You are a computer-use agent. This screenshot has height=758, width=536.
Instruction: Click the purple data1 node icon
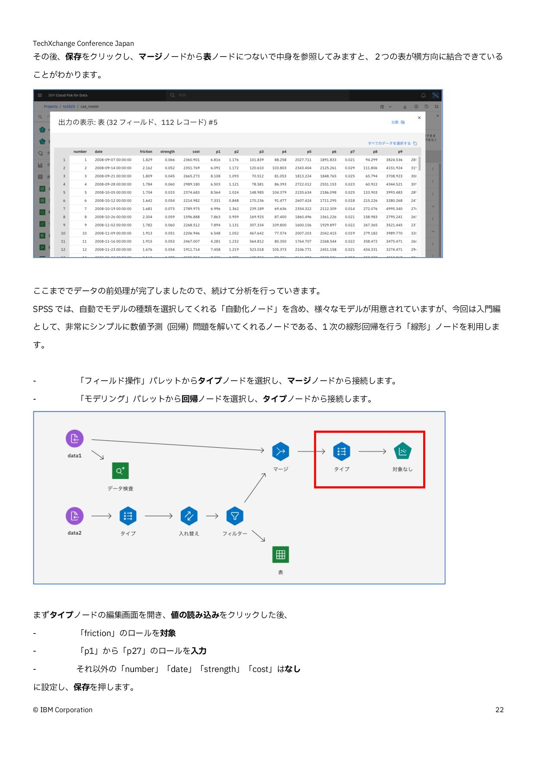tap(74, 439)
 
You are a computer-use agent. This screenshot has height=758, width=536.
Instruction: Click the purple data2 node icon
tap(74, 516)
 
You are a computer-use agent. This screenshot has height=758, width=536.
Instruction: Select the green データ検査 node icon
tap(120, 471)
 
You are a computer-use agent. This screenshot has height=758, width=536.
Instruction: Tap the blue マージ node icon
tap(281, 452)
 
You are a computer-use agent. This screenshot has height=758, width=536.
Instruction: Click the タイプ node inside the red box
tap(341, 452)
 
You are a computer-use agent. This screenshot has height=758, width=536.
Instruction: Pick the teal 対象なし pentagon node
tap(402, 452)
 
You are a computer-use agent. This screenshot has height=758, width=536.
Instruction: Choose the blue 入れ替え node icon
tap(189, 516)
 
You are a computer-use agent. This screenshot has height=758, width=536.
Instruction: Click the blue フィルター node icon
tap(235, 516)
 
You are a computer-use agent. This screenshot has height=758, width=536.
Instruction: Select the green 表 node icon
tap(281, 554)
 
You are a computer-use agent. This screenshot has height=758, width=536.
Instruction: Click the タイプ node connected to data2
tap(128, 516)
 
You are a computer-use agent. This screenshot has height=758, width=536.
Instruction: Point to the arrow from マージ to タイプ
tap(311, 452)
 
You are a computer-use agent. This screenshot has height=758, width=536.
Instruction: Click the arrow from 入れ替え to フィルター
tap(212, 516)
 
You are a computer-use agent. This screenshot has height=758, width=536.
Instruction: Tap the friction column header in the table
tap(146, 152)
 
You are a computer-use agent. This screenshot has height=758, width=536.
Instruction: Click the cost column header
tap(196, 152)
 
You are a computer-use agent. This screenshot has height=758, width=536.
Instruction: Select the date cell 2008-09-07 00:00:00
tap(113, 160)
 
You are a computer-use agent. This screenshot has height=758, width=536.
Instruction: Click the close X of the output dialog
tap(419, 118)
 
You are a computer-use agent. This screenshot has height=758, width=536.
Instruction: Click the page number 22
tap(499, 710)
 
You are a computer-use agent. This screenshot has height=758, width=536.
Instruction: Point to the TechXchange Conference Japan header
tap(83, 43)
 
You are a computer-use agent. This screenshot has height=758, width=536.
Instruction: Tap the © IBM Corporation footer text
tap(63, 710)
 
